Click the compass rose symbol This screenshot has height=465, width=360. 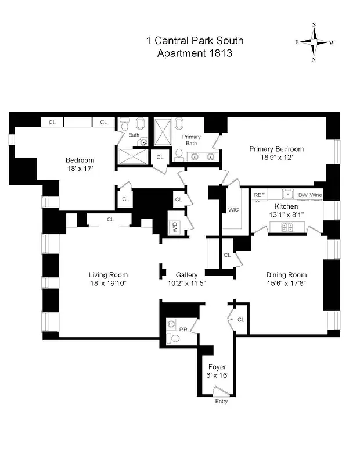pyautogui.click(x=315, y=42)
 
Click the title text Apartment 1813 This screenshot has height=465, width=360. pyautogui.click(x=195, y=53)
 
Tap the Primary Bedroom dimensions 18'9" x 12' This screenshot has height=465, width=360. pyautogui.click(x=276, y=157)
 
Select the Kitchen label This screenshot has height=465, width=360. pyautogui.click(x=286, y=206)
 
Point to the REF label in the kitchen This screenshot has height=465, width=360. pyautogui.click(x=260, y=195)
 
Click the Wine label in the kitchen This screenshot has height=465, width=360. pyautogui.click(x=316, y=195)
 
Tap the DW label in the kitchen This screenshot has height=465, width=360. pyautogui.click(x=303, y=195)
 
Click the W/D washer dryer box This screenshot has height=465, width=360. pyautogui.click(x=173, y=227)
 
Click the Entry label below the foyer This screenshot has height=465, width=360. pyautogui.click(x=221, y=402)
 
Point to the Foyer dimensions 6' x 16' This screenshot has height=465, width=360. pyautogui.click(x=218, y=375)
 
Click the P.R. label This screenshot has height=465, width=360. pyautogui.click(x=183, y=330)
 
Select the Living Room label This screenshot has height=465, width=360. pyautogui.click(x=108, y=275)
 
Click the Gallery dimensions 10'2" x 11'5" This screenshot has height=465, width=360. pyautogui.click(x=183, y=284)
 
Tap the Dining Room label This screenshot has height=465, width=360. pyautogui.click(x=286, y=275)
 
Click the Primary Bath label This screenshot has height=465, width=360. pyautogui.click(x=192, y=140)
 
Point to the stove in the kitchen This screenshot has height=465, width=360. pyautogui.click(x=286, y=227)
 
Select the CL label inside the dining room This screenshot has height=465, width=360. pyautogui.click(x=240, y=320)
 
